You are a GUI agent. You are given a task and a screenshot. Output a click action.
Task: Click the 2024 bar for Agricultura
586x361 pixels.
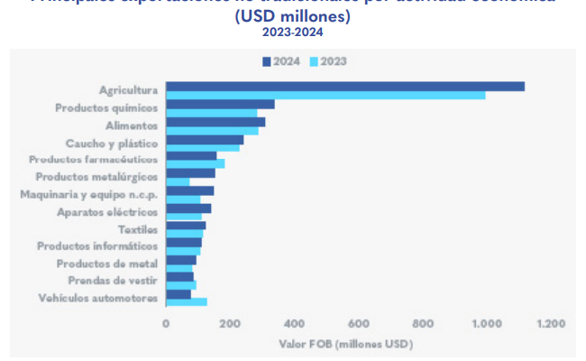(x=345, y=86)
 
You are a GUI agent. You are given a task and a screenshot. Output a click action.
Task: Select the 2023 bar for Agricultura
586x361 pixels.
(x=325, y=95)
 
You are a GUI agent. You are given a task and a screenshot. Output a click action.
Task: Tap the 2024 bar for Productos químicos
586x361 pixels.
(x=220, y=104)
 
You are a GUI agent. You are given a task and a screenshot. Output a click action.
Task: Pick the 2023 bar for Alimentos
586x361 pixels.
(x=212, y=130)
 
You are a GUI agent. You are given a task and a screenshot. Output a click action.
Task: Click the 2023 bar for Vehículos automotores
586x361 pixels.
(x=186, y=301)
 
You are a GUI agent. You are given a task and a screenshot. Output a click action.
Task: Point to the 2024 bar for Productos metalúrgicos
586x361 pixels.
(x=190, y=173)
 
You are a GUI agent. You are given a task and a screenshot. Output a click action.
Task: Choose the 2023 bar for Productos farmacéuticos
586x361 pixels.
(x=195, y=164)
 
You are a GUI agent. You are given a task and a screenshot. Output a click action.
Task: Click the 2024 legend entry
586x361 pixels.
(x=282, y=61)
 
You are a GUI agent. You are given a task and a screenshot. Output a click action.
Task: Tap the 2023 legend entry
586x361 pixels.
(x=328, y=61)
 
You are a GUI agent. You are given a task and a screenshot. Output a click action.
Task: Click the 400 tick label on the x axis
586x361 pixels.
(x=294, y=322)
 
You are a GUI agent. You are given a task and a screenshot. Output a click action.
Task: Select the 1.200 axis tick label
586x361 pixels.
(x=550, y=322)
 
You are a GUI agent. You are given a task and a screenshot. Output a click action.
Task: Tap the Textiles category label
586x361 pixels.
(x=138, y=228)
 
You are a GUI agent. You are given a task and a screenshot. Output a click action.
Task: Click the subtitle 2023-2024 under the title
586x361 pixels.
(x=292, y=32)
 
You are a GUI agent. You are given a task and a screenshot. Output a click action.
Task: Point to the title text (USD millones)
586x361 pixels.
(x=292, y=15)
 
